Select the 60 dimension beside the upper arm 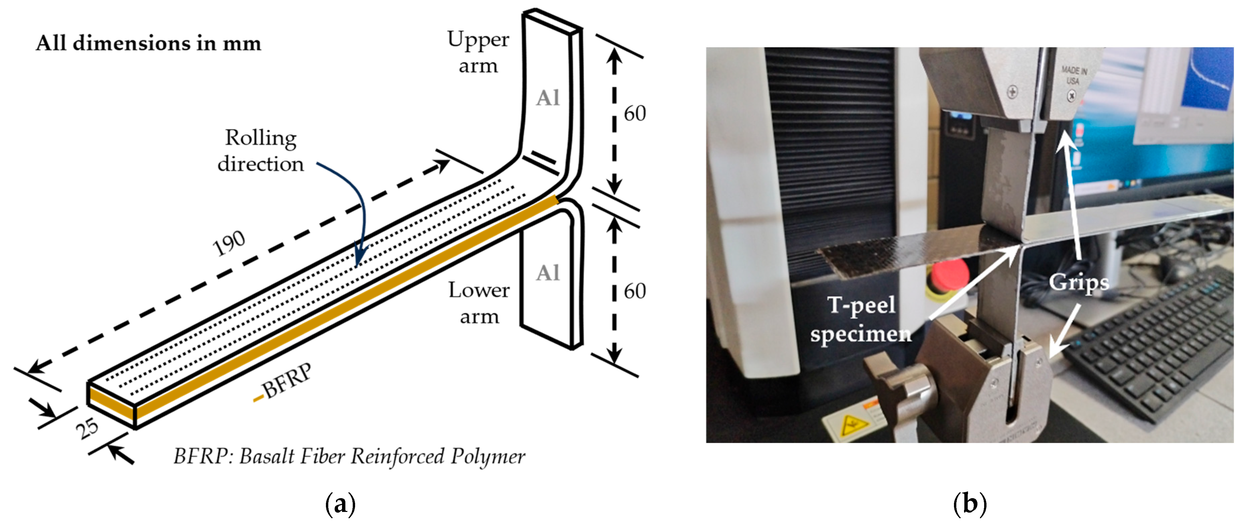point(634,114)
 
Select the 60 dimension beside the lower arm point(634,291)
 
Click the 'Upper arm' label point(478,52)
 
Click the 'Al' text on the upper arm point(548,99)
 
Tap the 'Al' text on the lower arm point(548,273)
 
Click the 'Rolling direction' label point(261,151)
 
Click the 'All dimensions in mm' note point(149,44)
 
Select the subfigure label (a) point(341,504)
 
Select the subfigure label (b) point(970,504)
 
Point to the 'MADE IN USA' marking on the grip point(1074,76)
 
